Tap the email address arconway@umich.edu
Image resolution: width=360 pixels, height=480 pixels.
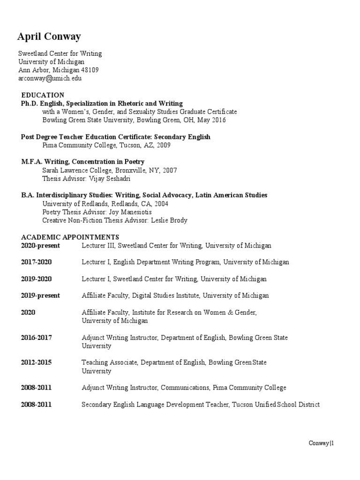tap(50, 78)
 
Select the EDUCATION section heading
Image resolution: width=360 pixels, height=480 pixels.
tap(43, 95)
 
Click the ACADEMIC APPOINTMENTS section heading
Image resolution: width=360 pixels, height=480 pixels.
tap(70, 237)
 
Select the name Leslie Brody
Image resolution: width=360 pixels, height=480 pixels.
tap(169, 220)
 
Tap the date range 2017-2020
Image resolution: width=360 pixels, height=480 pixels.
tap(36, 262)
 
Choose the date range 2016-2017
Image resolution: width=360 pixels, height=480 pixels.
tap(36, 337)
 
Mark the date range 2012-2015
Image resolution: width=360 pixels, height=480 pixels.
tap(36, 362)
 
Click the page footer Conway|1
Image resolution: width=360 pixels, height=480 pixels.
tap(322, 443)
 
